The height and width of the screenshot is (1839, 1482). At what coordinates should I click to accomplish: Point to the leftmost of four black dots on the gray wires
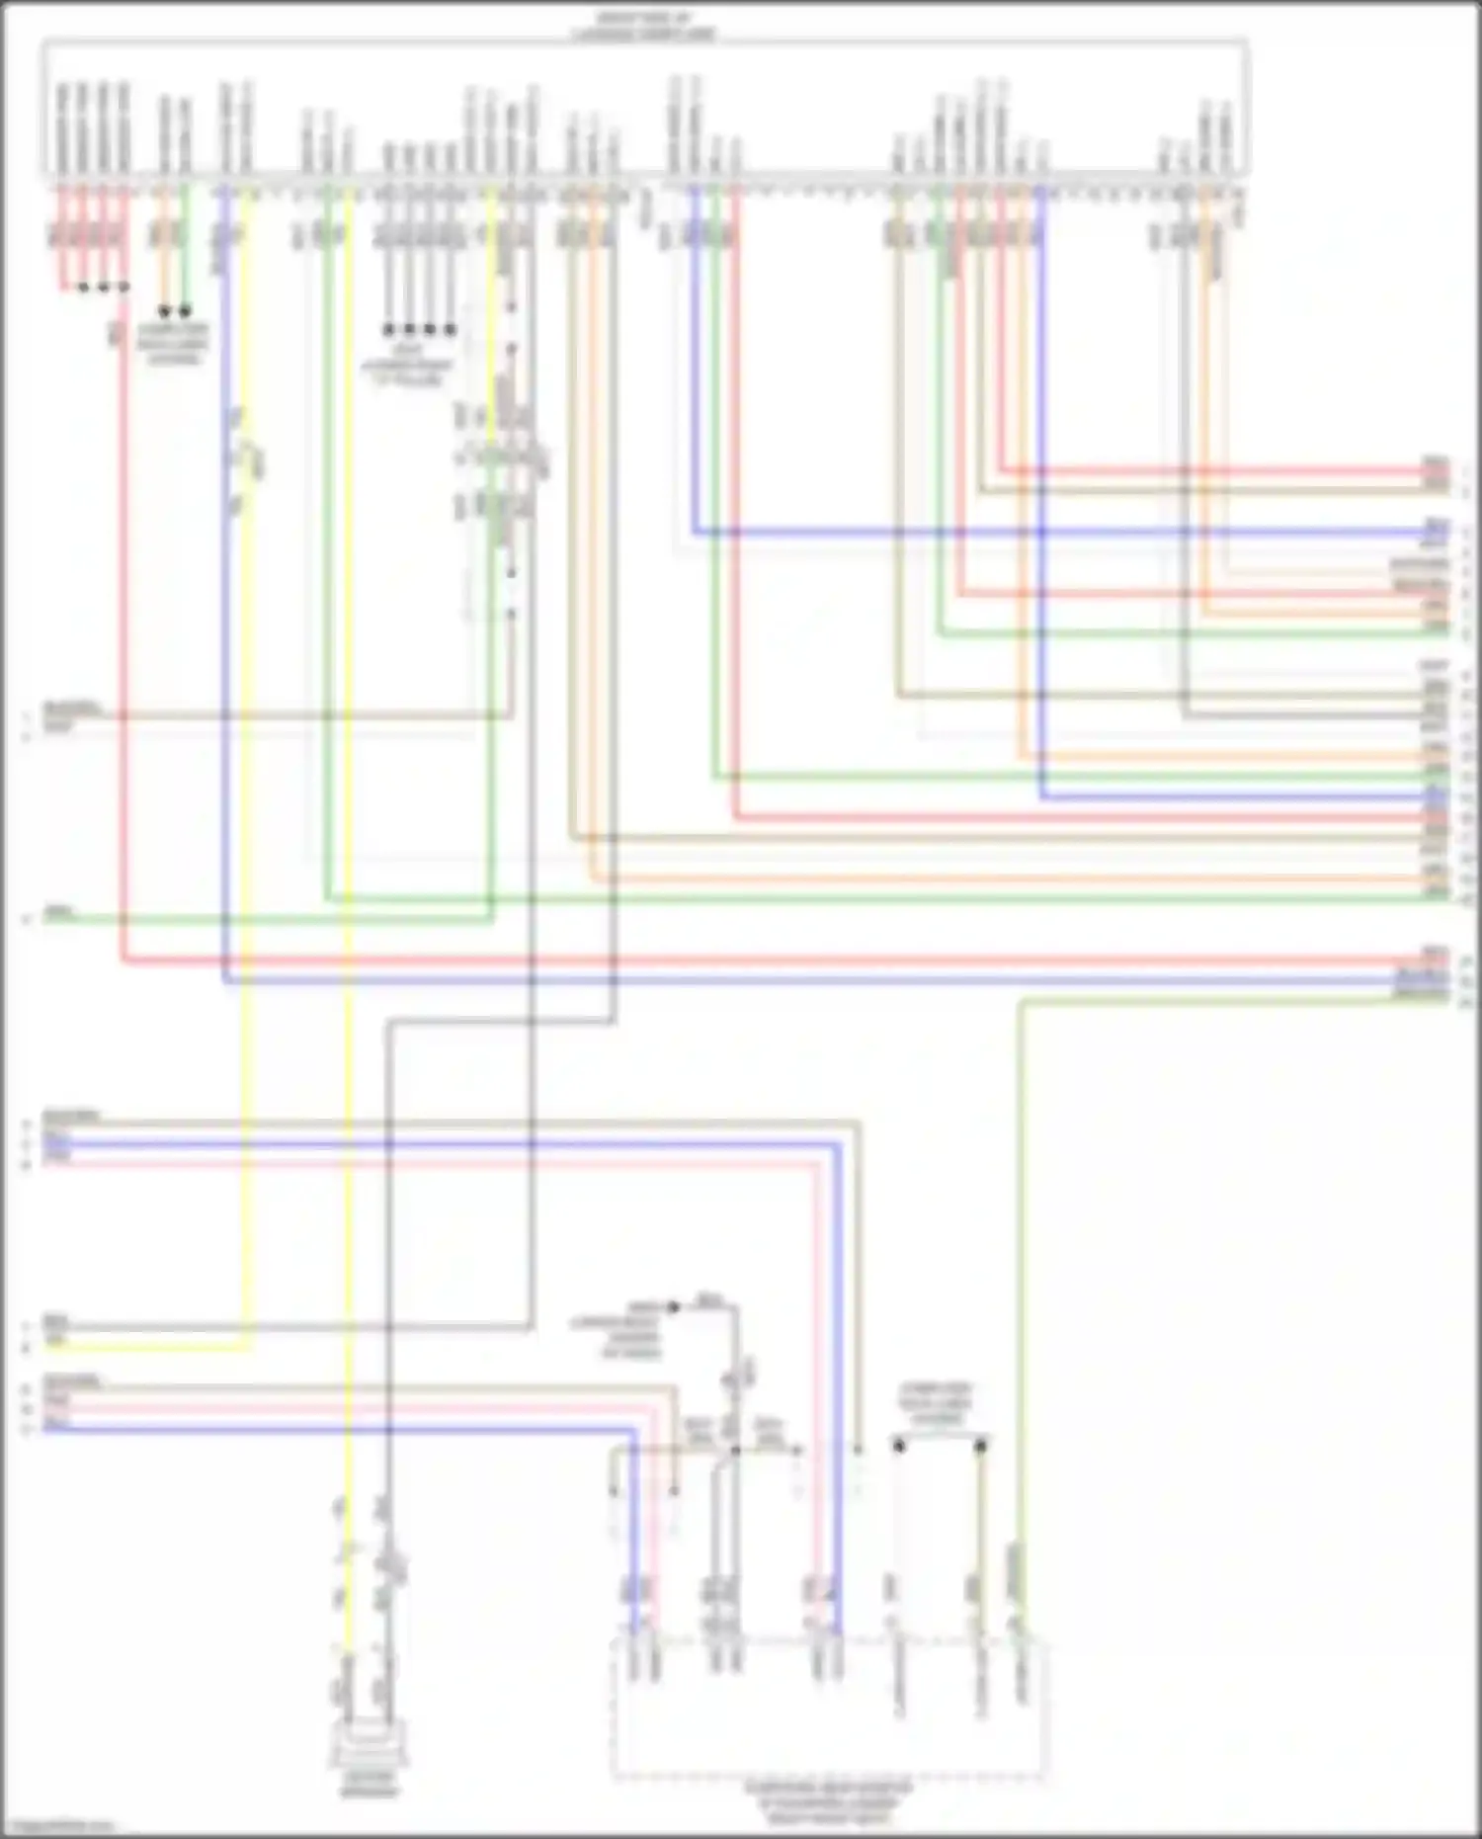tap(388, 329)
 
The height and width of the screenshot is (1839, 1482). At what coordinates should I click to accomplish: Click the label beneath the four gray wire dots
tap(407, 365)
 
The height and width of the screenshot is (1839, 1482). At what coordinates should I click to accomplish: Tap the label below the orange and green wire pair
tap(173, 343)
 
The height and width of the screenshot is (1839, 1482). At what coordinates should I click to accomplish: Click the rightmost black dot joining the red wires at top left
tap(123, 288)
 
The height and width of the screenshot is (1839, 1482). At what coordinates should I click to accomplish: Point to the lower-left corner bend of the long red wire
tap(123, 959)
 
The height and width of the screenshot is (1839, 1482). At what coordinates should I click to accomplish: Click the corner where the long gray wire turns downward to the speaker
tap(388, 1024)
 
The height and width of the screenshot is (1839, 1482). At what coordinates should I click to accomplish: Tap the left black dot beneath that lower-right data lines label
tap(899, 1446)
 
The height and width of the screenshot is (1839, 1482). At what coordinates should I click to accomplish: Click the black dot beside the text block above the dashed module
tap(674, 1307)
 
